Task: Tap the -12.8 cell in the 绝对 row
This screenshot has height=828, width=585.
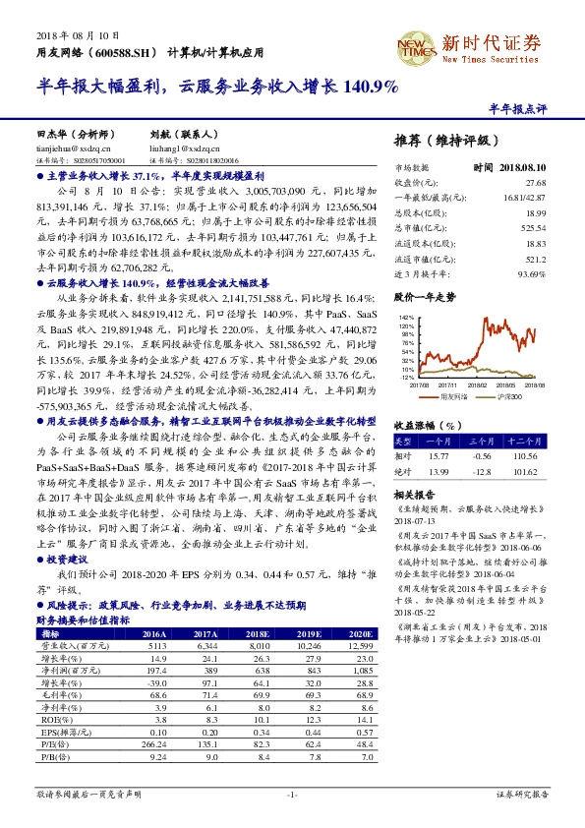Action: pos(482,470)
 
